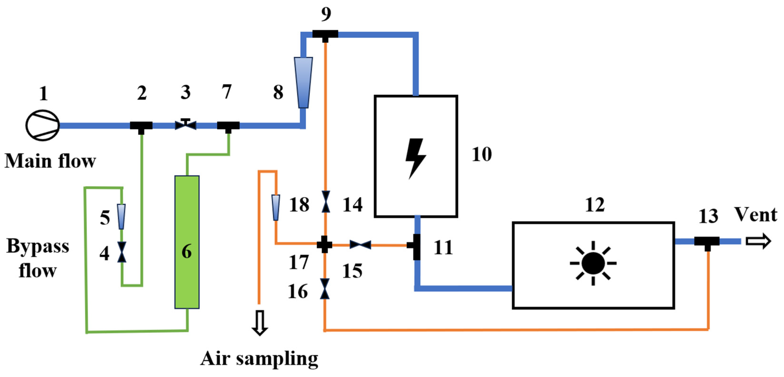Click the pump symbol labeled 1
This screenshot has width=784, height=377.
click(x=42, y=125)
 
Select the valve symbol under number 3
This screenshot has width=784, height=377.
click(x=185, y=125)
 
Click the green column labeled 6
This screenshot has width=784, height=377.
click(x=187, y=242)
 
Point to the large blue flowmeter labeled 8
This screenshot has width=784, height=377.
click(x=303, y=82)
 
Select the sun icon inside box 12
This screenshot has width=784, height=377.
click(x=593, y=263)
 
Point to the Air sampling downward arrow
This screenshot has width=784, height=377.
click(x=260, y=323)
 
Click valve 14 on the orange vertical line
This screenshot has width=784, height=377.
click(x=326, y=202)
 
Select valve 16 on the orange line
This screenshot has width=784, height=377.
click(x=325, y=289)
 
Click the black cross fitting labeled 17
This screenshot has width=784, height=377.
click(x=325, y=244)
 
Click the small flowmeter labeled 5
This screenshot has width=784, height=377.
click(x=121, y=217)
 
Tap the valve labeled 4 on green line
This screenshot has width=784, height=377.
click(x=122, y=252)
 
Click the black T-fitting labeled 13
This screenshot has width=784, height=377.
click(x=707, y=242)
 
